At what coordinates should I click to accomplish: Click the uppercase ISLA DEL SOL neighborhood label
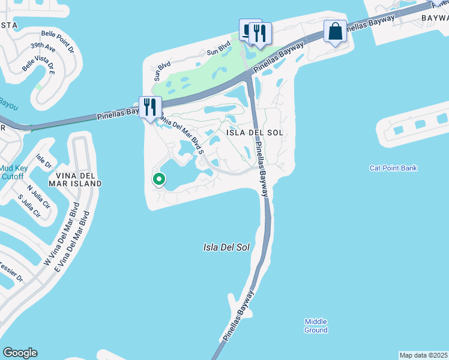253,132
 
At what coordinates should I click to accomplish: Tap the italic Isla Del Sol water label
226,247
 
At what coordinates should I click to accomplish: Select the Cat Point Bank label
393,168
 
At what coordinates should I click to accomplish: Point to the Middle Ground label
316,326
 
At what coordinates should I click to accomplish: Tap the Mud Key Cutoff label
11,172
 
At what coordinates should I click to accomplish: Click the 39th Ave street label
43,48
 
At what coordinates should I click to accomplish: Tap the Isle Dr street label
44,160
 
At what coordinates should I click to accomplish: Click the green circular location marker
159,179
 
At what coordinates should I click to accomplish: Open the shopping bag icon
336,31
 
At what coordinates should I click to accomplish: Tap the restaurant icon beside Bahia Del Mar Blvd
150,107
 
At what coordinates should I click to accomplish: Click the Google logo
20,353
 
